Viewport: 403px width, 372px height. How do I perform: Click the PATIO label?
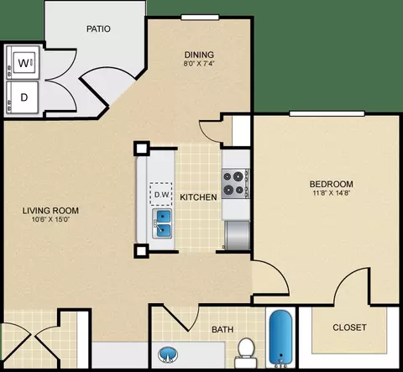pos(98,29)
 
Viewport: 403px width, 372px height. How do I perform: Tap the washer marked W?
pos(24,62)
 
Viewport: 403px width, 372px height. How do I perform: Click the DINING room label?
pos(199,55)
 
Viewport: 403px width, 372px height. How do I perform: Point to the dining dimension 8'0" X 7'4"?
pos(199,63)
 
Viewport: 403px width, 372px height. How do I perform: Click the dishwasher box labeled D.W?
pos(161,194)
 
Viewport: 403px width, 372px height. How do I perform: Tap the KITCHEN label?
pos(198,197)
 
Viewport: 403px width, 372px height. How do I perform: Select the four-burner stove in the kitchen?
pos(235,184)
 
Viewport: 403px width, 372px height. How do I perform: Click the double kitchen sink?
pos(162,224)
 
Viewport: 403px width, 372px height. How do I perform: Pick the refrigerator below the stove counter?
pos(238,235)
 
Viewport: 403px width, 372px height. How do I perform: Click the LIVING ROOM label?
pos(50,211)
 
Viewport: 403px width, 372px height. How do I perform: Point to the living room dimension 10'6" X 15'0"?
pos(50,219)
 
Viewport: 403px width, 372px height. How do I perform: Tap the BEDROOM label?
pos(332,184)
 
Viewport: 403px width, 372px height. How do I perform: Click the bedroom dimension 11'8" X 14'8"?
pos(332,193)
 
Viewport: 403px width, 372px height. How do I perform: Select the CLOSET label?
pos(349,327)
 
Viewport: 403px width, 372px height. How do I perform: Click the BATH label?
pos(222,329)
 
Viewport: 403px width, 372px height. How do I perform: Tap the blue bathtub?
pos(280,337)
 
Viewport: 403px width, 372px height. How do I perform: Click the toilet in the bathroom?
pos(246,352)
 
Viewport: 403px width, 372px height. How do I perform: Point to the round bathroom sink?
pos(168,354)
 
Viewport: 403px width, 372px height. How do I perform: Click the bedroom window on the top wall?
pos(327,113)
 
